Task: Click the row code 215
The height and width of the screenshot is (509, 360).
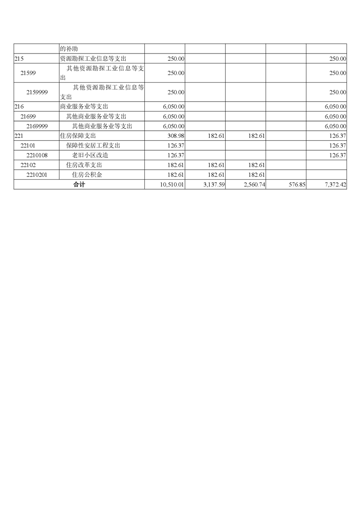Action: coord(19,59)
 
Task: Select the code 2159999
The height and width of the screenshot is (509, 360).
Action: coord(37,92)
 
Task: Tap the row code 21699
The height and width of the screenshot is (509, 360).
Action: coord(28,117)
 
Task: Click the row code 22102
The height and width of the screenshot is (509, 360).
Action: coord(28,165)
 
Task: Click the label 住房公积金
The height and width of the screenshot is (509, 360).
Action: coord(88,175)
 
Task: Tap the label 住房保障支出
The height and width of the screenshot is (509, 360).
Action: coord(78,136)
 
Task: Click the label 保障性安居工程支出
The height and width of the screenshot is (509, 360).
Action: coord(94,146)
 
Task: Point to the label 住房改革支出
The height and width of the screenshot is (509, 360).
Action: coord(84,165)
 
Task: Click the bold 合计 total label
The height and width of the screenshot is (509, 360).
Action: coord(79,185)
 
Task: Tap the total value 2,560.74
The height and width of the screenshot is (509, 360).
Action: coord(253,185)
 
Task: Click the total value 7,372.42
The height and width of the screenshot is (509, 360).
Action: coord(334,185)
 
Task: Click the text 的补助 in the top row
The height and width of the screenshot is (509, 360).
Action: coord(70,49)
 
